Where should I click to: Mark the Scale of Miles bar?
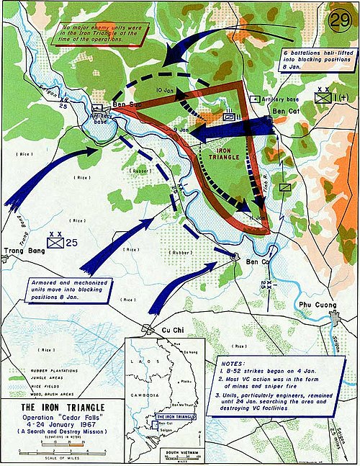pyautogui.click(x=59, y=449)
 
